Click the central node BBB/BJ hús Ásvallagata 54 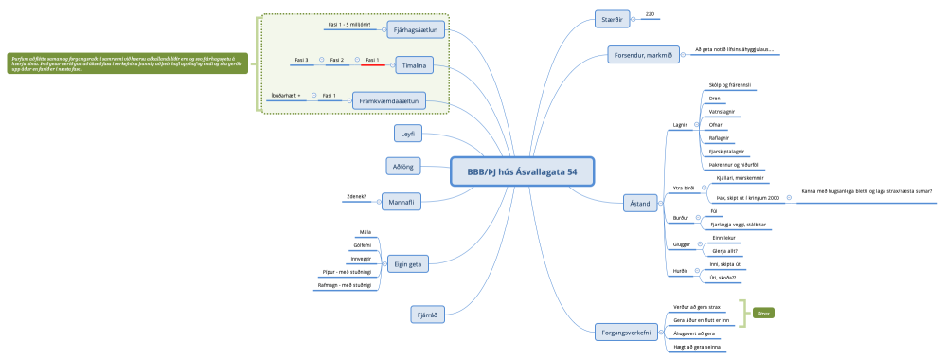(x=522, y=171)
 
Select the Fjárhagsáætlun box (x=418, y=31)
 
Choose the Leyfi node (x=407, y=133)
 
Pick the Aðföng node (x=404, y=166)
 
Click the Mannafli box (x=402, y=201)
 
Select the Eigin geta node (x=408, y=264)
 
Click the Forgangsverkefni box (x=625, y=333)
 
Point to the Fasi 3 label (x=301, y=60)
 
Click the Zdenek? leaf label (x=356, y=196)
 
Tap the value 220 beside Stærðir (x=650, y=14)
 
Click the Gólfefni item (x=362, y=244)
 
